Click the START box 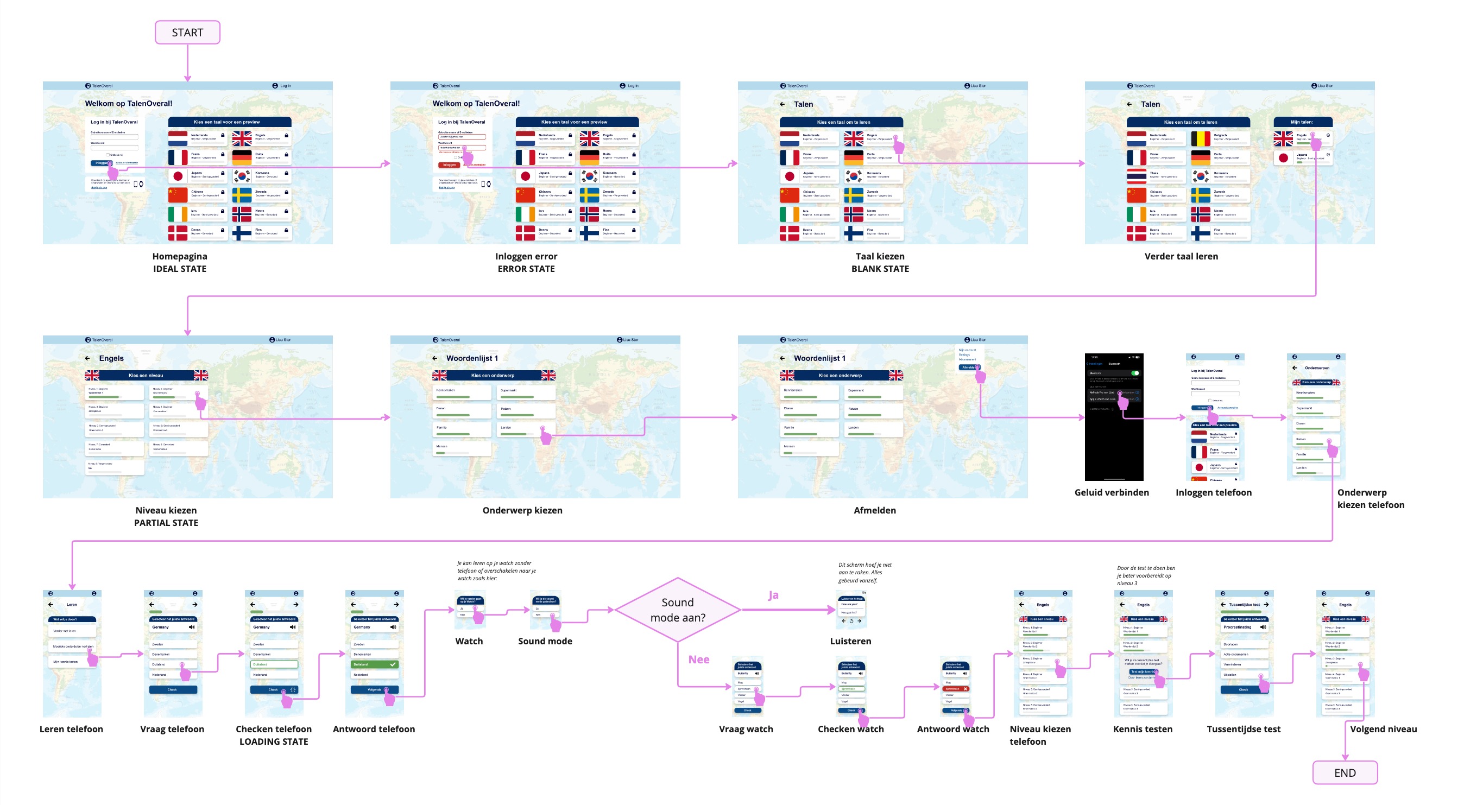coord(187,33)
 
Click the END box coord(1344,772)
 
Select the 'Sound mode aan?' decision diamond coord(678,610)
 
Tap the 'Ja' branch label coord(773,595)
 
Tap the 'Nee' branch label coord(698,659)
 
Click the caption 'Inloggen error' coord(526,256)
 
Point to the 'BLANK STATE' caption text coord(880,269)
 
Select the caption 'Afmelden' coord(874,510)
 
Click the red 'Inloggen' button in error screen coord(449,165)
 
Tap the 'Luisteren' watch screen coord(851,610)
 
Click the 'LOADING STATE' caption coord(273,741)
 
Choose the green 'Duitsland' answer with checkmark coord(375,664)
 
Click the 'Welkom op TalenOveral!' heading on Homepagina coord(129,103)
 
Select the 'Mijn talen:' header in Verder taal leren coord(1302,122)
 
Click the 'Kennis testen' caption coord(1143,729)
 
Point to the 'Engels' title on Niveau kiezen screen coord(111,358)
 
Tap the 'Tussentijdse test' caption coord(1243,729)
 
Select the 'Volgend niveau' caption coord(1383,729)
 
